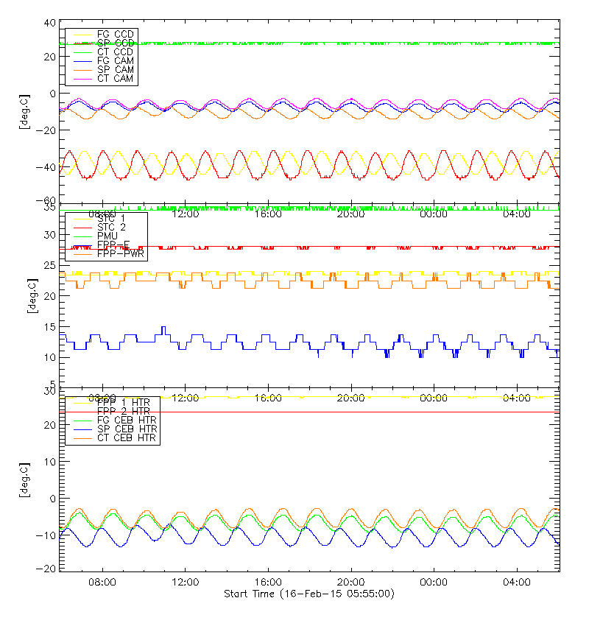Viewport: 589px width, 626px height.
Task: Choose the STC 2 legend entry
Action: click(111, 227)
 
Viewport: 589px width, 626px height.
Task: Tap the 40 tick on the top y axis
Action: click(49, 23)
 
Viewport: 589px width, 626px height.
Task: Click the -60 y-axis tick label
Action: click(47, 201)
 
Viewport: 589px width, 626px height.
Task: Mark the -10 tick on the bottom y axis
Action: click(47, 535)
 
